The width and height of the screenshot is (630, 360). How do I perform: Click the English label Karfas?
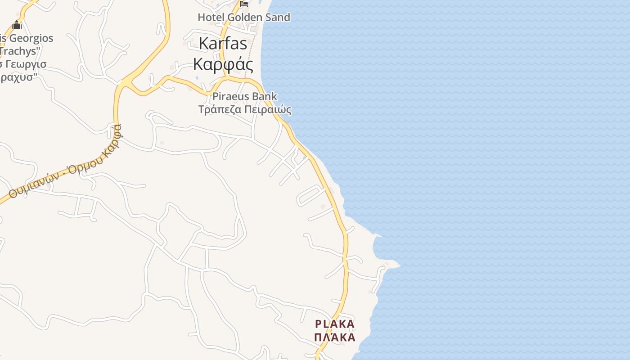click(223, 44)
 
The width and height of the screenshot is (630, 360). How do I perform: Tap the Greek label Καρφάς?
click(223, 63)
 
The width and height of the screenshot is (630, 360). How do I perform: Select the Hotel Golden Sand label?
click(244, 17)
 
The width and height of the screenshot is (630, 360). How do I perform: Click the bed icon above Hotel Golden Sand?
click(244, 4)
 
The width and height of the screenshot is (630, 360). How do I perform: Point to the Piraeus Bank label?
click(245, 96)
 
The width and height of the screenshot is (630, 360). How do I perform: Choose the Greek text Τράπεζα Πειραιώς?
click(245, 109)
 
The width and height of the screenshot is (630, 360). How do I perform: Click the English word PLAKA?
click(335, 324)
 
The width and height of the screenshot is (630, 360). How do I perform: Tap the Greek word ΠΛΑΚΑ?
click(335, 337)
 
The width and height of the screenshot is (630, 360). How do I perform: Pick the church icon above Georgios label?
click(17, 24)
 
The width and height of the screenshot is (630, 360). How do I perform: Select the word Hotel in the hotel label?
click(211, 17)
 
